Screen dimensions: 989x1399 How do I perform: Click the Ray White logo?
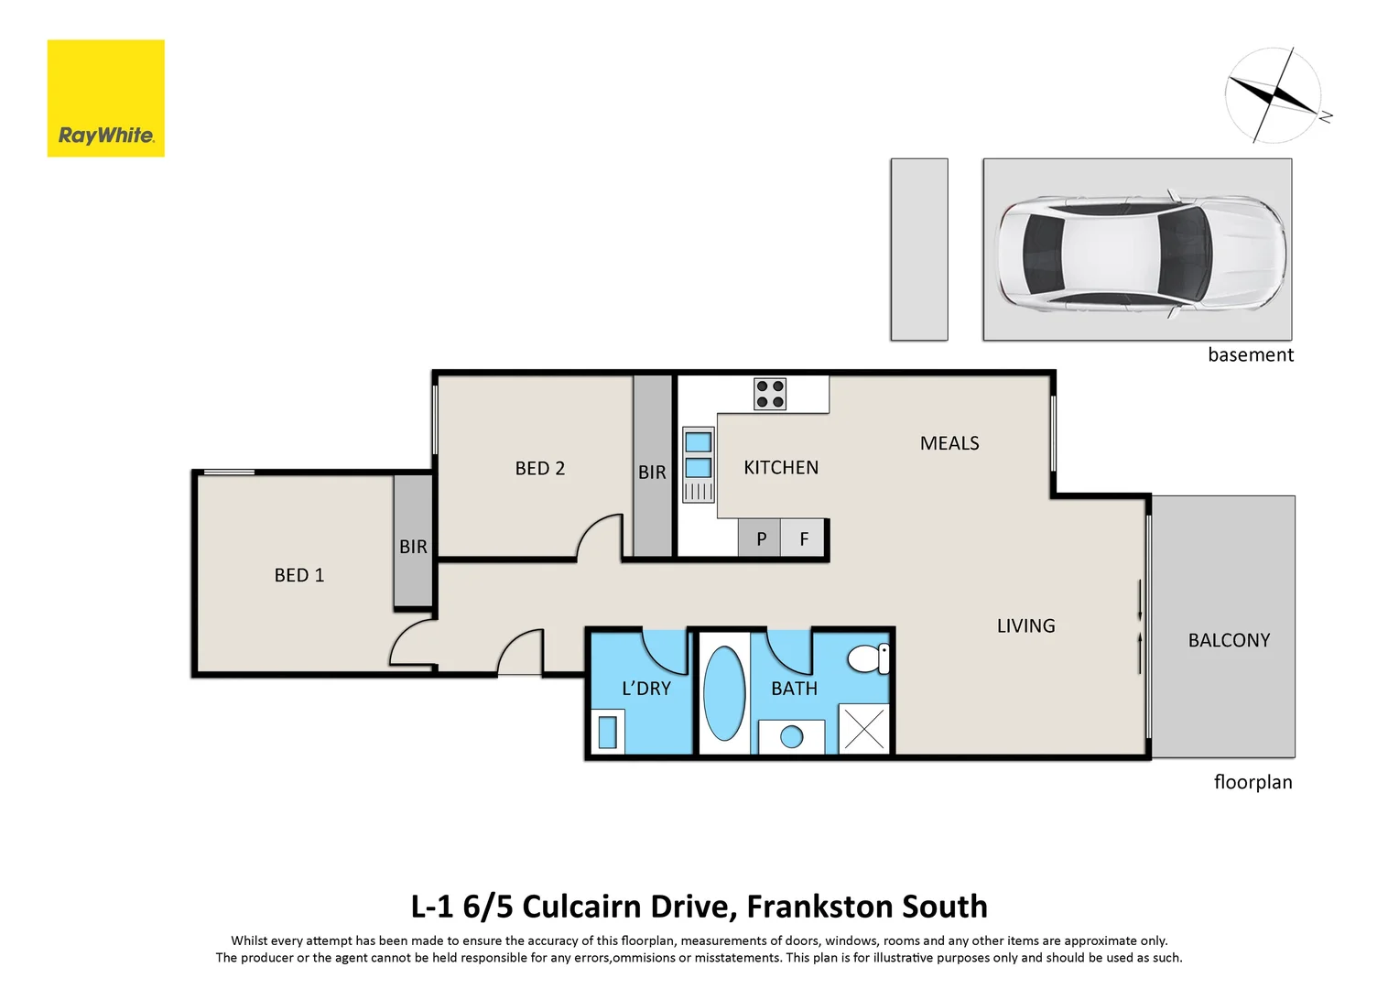pos(105,98)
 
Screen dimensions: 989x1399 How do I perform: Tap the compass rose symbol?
pos(1274,95)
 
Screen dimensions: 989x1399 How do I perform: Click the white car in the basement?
pos(1140,249)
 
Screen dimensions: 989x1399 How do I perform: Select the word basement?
pos(1250,355)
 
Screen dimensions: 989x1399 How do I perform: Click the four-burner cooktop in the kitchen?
pos(770,394)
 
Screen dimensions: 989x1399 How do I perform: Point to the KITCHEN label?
pos(780,468)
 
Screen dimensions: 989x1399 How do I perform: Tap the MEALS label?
pos(949,443)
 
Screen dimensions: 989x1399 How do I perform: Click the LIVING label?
pos(1025,626)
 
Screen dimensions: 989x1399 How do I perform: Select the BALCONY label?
pos(1229,641)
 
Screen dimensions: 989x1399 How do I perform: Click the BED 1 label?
pos(298,575)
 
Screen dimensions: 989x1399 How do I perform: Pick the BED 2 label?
pos(539,469)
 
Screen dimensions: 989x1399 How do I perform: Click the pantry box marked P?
pos(760,539)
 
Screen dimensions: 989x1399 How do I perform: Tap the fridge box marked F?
pos(804,539)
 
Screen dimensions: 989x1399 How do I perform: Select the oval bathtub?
pos(724,693)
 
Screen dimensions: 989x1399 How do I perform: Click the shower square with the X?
pos(863,729)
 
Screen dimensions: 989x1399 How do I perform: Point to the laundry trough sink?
pos(607,733)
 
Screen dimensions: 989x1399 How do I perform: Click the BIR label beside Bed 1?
pos(413,547)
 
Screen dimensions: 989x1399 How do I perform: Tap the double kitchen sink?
pos(698,455)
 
